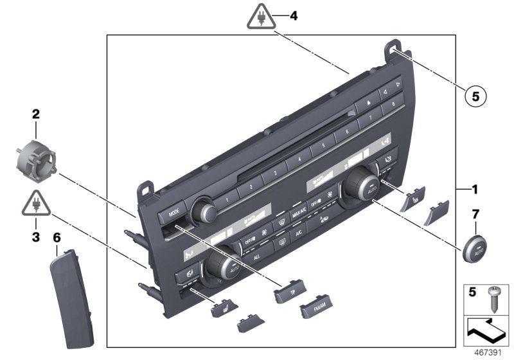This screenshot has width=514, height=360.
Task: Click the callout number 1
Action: point(474,190)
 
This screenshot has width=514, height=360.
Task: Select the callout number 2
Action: point(36,115)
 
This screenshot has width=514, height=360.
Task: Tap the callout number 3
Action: point(36,237)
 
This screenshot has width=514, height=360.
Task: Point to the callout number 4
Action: point(294,15)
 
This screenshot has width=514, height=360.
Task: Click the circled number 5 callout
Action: point(475,96)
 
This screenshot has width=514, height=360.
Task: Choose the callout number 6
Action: point(57,237)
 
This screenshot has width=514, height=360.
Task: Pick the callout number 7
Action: point(475,213)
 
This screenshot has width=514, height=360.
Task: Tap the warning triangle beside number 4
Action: point(261,17)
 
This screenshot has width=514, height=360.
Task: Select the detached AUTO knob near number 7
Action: point(475,246)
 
